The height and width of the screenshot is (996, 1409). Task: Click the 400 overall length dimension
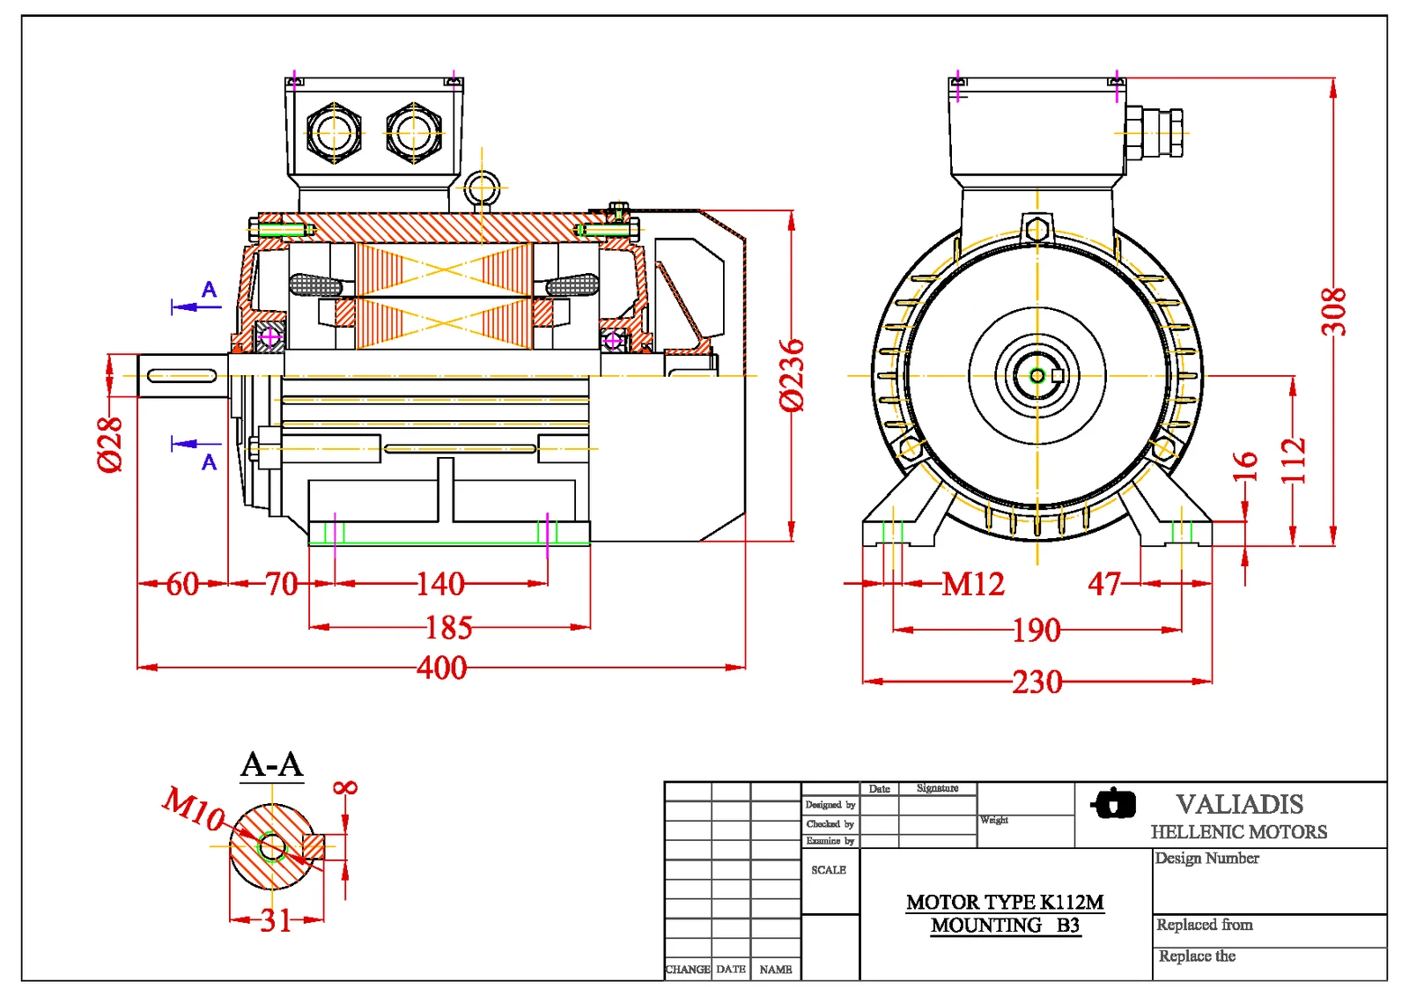pos(441,668)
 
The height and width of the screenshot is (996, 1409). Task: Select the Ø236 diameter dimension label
pos(792,374)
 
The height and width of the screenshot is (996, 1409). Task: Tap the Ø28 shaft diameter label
pos(110,445)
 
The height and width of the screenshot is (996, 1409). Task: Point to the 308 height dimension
pos(1333,312)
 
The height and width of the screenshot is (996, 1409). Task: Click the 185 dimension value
pos(448,628)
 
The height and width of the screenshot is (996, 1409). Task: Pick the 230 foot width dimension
pos(1036,682)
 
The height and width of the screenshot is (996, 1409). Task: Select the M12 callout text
pos(972,584)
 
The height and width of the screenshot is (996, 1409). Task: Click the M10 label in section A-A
pos(194,809)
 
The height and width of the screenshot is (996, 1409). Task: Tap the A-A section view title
pos(272,764)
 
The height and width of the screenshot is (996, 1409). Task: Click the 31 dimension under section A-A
pos(276,920)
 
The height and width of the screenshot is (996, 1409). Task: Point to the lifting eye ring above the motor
pos(482,188)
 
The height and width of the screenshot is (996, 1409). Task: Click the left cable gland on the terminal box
pos(334,133)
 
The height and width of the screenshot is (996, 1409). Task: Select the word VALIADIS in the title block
pos(1239,804)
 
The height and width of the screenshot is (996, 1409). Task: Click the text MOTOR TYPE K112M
pos(1005,902)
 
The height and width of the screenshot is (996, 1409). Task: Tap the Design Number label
pos(1206,858)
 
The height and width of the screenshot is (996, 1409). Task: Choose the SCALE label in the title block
pos(828,870)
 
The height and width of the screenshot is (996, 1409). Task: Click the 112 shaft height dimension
pos(1292,461)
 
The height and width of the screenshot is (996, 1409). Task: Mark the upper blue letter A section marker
pos(209,290)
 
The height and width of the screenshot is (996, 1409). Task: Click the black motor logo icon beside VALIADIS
pos(1113,803)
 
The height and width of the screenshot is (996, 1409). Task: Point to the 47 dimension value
pos(1103,584)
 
